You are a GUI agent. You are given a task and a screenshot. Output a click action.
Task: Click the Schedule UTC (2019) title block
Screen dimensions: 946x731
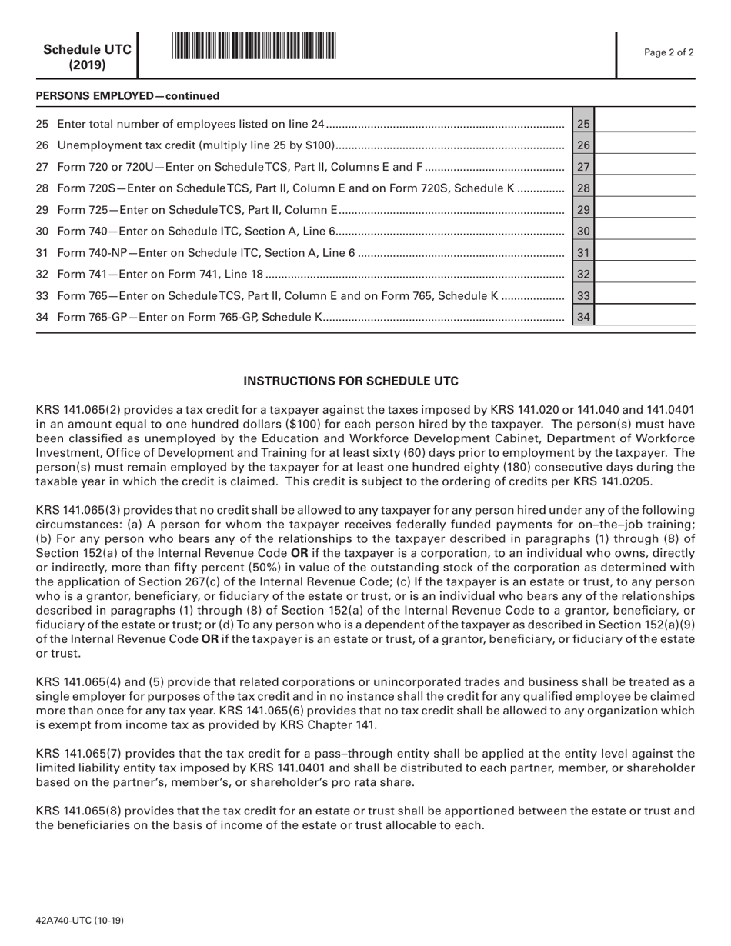87,57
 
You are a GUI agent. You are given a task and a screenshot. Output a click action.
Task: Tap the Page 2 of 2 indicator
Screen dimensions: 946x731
669,53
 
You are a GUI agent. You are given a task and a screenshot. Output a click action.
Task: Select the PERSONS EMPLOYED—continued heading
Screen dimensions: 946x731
128,96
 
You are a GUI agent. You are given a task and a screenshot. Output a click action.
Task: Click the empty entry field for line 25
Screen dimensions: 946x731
645,123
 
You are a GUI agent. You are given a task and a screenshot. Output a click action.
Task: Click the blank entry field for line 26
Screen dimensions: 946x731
645,145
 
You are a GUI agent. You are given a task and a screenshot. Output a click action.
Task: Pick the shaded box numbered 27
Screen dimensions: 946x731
582,166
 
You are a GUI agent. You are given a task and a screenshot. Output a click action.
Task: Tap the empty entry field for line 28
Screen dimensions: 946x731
645,188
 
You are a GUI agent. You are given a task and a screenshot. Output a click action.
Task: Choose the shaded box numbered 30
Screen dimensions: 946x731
582,231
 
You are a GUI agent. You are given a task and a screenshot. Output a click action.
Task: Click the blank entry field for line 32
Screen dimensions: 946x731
645,274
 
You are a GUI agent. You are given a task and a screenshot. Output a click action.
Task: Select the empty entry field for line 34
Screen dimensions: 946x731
645,317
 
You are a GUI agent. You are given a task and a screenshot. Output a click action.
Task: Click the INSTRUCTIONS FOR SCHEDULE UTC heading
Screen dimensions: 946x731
351,381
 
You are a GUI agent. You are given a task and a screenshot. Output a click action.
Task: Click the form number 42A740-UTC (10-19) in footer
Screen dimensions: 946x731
80,921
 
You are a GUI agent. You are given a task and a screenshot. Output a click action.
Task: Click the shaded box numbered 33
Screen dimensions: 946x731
582,295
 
